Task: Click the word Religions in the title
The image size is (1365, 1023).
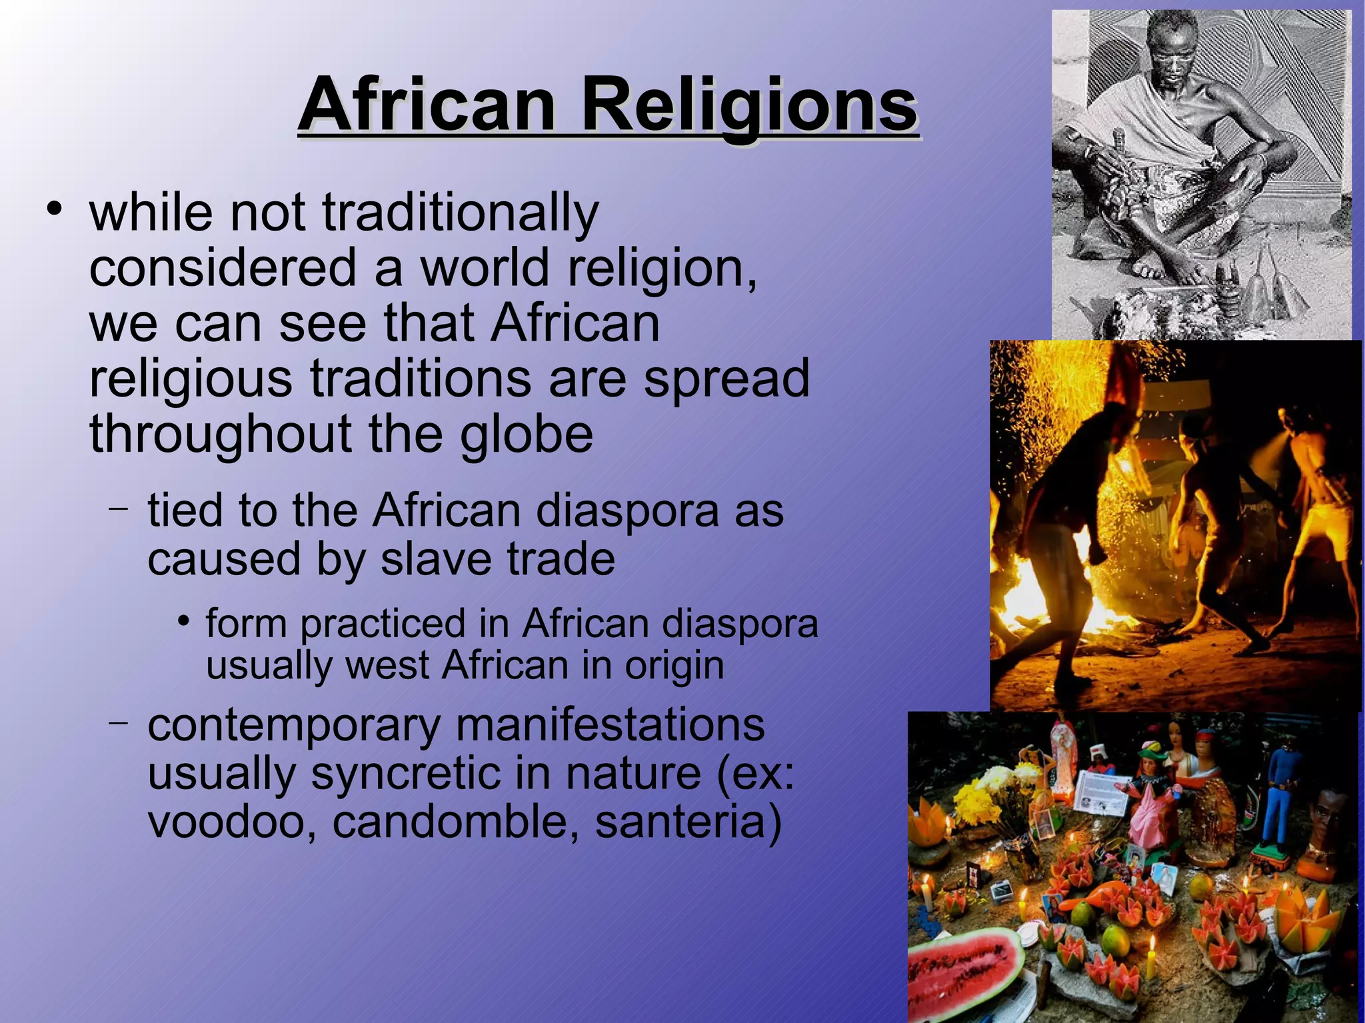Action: pyautogui.click(x=750, y=105)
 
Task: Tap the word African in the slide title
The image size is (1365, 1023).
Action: pyautogui.click(x=427, y=105)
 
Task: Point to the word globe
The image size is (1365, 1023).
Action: pyautogui.click(x=527, y=434)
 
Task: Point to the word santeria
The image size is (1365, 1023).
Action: pyautogui.click(x=687, y=821)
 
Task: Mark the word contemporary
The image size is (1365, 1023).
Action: pyautogui.click(x=293, y=725)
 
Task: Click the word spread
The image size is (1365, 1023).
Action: pyautogui.click(x=726, y=379)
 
